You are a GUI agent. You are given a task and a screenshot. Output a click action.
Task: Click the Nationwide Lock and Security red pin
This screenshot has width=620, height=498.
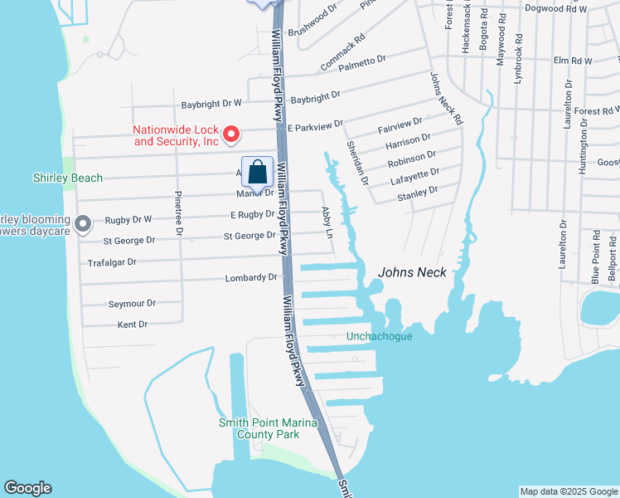coord(233,134)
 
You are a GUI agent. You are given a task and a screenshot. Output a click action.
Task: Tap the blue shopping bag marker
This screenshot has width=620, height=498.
coord(257,173)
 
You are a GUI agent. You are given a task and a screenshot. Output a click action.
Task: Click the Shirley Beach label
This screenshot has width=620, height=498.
coord(68,178)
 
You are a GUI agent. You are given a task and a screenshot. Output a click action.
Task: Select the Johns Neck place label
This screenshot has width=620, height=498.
coord(412,272)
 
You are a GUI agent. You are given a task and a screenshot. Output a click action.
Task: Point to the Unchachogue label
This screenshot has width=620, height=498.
coord(379,336)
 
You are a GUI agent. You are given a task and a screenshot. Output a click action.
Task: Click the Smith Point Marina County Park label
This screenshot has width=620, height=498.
coord(258,427)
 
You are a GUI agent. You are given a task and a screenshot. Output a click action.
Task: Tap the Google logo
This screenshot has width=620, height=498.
coord(27,488)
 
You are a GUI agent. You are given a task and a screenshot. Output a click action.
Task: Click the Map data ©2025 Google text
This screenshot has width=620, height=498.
coord(568,491)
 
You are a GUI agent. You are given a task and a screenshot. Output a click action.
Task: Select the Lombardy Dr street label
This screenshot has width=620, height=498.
coord(250,278)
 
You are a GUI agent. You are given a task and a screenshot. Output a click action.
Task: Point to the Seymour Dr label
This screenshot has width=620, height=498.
coord(132,304)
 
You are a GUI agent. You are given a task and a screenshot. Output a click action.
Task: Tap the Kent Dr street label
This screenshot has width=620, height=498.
coord(132,325)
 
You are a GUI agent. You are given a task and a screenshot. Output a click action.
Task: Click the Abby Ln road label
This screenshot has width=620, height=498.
coord(326,223)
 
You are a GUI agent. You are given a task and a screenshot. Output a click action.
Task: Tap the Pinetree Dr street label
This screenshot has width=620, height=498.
coord(178,214)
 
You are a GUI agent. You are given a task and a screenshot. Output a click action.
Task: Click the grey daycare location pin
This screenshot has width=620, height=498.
coord(82,224)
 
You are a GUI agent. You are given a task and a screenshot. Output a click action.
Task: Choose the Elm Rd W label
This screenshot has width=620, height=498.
coord(572,61)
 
